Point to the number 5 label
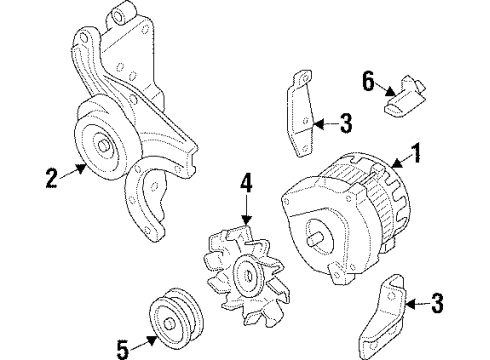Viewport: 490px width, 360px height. click(121, 349)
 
